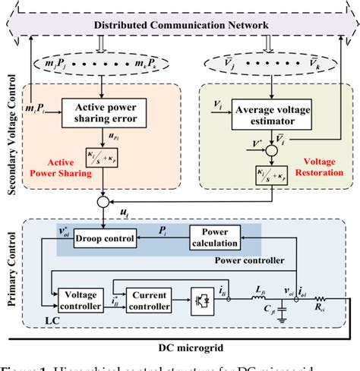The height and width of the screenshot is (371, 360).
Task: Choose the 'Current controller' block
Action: (151, 299)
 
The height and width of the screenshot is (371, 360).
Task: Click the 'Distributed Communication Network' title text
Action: (181, 27)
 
